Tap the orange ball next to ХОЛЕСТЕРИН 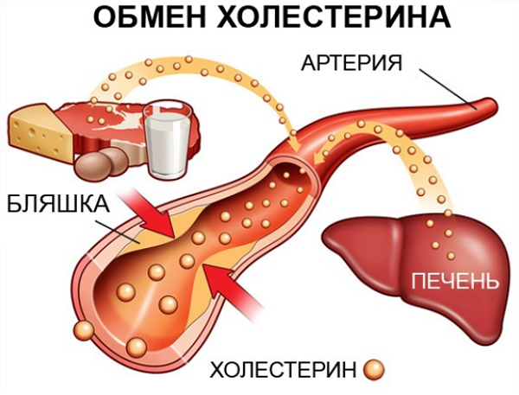pos(374,370)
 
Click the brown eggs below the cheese pos(104,162)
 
